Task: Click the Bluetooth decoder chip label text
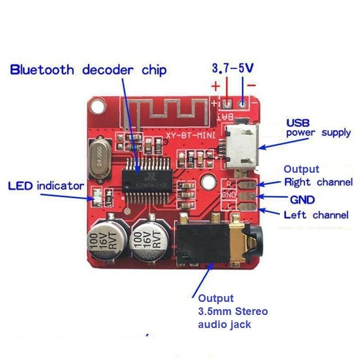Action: (x=88, y=70)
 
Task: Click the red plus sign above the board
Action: (x=216, y=85)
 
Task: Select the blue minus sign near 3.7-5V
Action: (x=252, y=85)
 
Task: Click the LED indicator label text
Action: (x=46, y=185)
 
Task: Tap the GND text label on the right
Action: (x=302, y=199)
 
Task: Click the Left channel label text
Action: (x=316, y=215)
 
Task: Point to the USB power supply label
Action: (x=318, y=128)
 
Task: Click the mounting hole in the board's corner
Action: (x=97, y=106)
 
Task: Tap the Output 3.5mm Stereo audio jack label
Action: (x=233, y=311)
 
